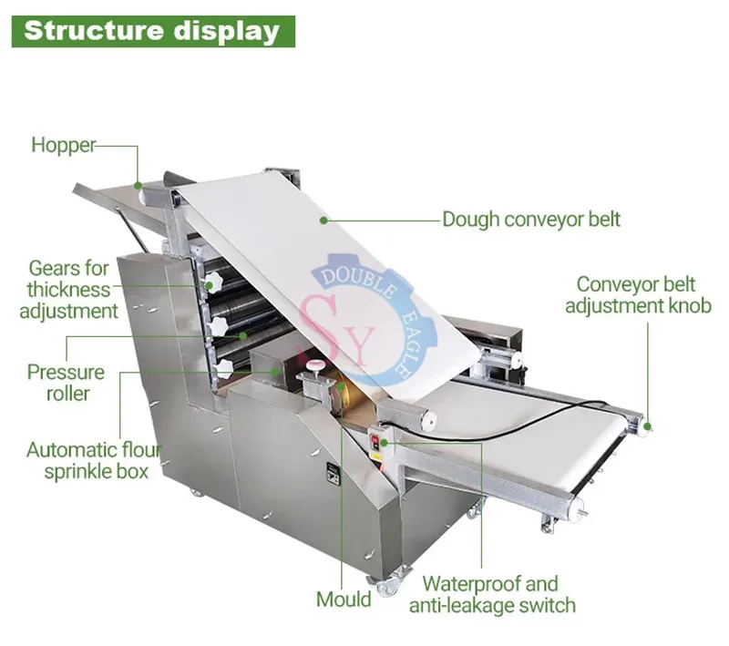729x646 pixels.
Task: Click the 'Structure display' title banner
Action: coord(151,31)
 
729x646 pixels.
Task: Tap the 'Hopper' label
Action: coord(63,144)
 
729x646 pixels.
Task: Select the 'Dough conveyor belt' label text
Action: coord(531,219)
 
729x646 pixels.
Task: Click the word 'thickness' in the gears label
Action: coord(68,290)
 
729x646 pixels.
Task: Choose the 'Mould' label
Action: coord(344,599)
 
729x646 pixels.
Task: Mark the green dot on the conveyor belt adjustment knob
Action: coord(648,425)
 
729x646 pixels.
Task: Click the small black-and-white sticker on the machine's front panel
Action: coord(332,474)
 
